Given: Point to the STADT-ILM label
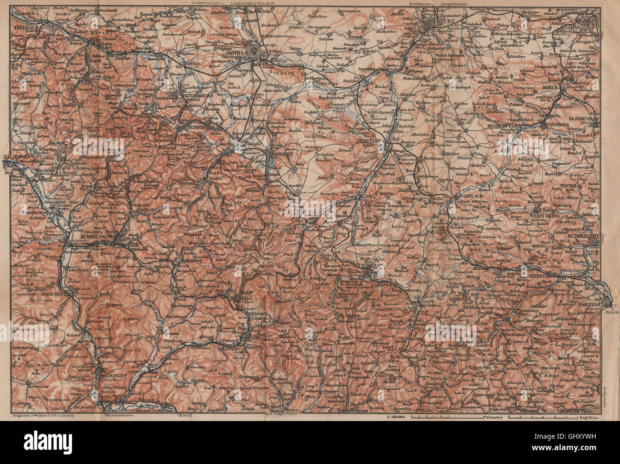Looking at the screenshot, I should [470, 197].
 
